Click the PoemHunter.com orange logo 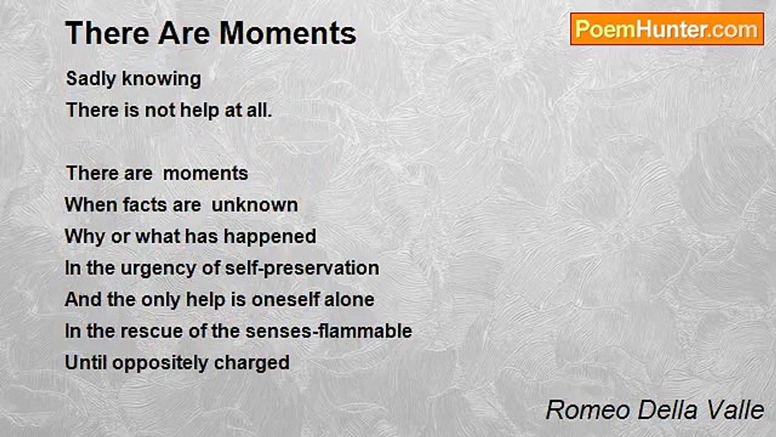coord(667,29)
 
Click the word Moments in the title coord(288,33)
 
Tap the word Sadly coord(91,79)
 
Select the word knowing coord(161,79)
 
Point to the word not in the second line coord(160,110)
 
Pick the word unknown coord(255,205)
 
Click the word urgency coord(158,269)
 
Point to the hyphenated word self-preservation coord(302,269)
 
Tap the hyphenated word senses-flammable coord(329,331)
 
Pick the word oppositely coord(159,364)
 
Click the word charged coord(252,364)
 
